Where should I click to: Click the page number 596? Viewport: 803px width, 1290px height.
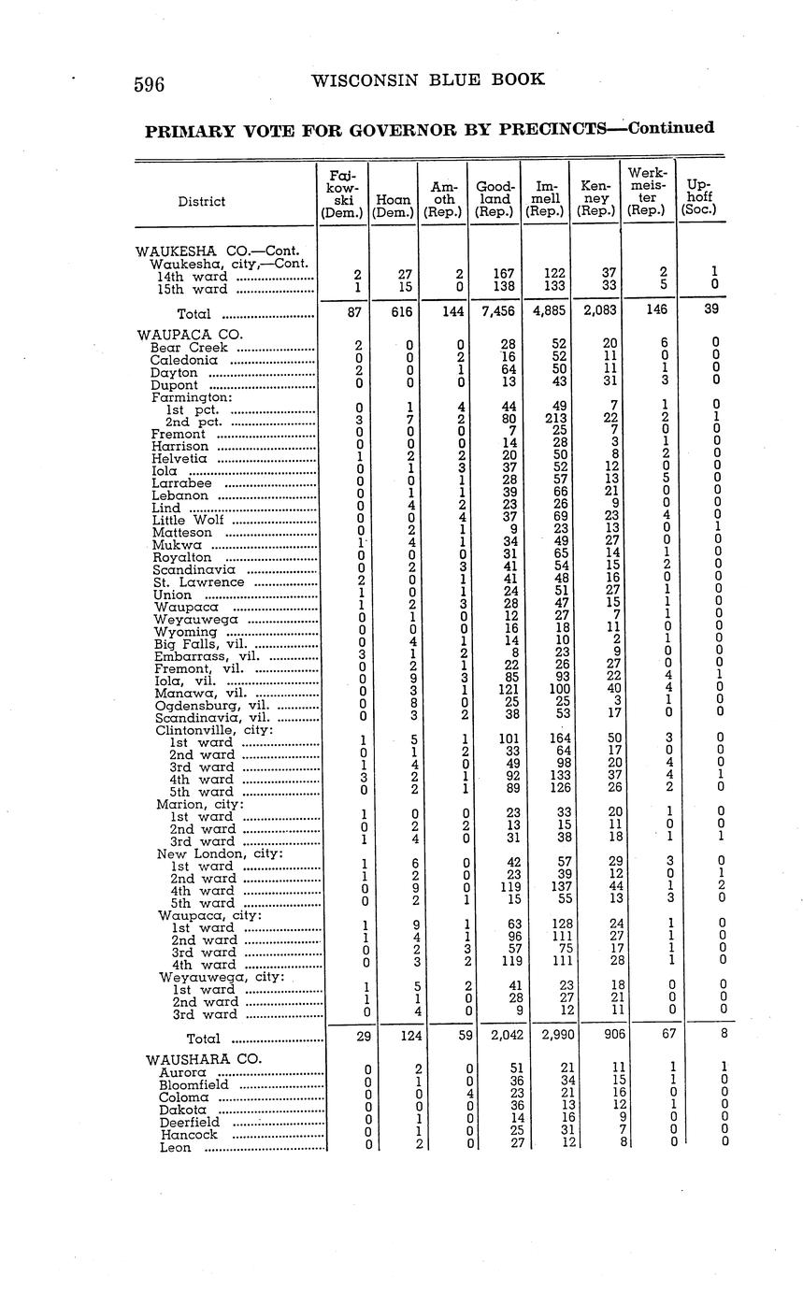pos(150,84)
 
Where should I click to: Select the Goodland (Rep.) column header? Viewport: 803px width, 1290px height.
pos(495,199)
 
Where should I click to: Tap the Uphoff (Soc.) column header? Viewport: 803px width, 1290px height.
pos(700,198)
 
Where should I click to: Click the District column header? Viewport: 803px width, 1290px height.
pos(201,201)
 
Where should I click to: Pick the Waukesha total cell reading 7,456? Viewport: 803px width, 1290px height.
pos(495,314)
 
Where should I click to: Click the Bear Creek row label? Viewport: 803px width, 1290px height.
pos(189,348)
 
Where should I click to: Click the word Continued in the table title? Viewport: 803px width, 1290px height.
pos(671,127)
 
